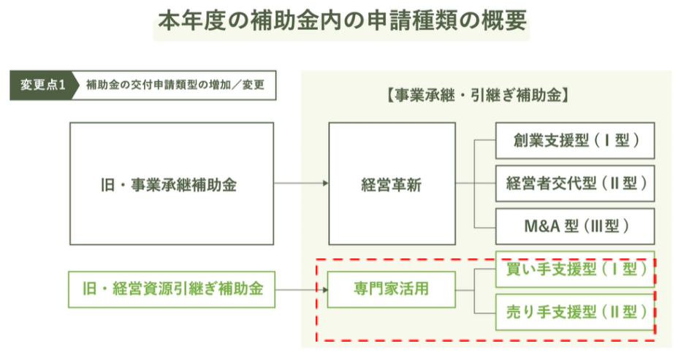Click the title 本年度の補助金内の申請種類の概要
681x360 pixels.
point(342,20)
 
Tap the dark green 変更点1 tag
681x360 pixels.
point(43,85)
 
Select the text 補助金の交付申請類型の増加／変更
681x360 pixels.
point(175,85)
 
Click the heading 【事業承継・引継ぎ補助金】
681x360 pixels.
point(478,95)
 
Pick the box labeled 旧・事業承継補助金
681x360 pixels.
point(172,184)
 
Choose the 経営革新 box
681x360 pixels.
point(392,184)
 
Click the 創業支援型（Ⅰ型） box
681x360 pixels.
point(575,141)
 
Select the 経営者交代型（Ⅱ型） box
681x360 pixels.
point(575,183)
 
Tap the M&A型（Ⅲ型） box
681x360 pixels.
point(575,226)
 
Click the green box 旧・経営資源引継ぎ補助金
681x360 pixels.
point(172,290)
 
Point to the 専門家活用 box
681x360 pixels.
point(392,290)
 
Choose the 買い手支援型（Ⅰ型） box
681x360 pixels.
point(575,269)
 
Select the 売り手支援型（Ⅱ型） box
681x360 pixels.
point(575,312)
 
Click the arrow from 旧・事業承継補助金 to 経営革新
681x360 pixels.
point(301,183)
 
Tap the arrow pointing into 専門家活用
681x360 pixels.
point(302,290)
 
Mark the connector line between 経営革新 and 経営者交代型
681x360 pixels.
point(476,183)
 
